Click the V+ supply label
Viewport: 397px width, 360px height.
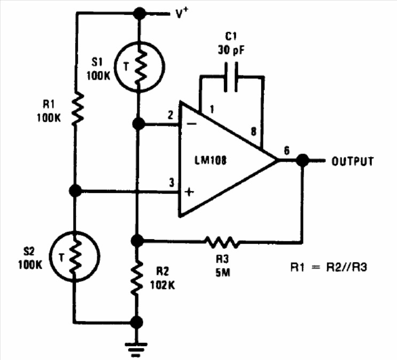pyautogui.click(x=182, y=13)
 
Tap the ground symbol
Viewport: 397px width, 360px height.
pyautogui.click(x=136, y=350)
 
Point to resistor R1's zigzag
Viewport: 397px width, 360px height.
pyautogui.click(x=77, y=109)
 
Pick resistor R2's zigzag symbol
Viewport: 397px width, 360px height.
pyautogui.click(x=137, y=278)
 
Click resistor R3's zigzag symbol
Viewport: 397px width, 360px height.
pyautogui.click(x=222, y=242)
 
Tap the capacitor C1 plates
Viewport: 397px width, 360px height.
pyautogui.click(x=231, y=77)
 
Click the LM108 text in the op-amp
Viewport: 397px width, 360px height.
pyautogui.click(x=211, y=160)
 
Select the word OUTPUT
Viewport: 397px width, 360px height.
pyautogui.click(x=353, y=162)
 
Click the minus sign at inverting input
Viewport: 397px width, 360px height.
pyautogui.click(x=192, y=124)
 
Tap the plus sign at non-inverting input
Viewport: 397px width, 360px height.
pyautogui.click(x=189, y=192)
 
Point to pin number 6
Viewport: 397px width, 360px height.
pyautogui.click(x=286, y=150)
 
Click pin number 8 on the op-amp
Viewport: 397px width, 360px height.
pyautogui.click(x=253, y=132)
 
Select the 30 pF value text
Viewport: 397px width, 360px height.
pyautogui.click(x=231, y=50)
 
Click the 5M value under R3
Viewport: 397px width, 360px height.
pyautogui.click(x=223, y=272)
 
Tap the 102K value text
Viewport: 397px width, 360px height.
pyautogui.click(x=162, y=285)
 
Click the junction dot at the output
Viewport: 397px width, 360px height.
pyautogui.click(x=302, y=160)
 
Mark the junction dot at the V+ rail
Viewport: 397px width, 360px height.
pyautogui.click(x=139, y=13)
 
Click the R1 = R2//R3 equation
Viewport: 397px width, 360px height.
pyautogui.click(x=329, y=267)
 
